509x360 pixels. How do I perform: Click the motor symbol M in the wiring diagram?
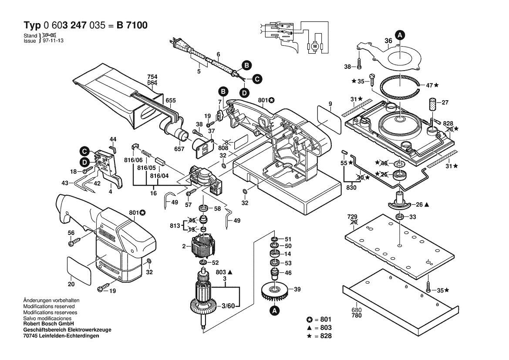point(313,46)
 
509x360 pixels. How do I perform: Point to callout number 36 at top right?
point(388,41)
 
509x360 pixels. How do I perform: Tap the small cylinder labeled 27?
point(433,105)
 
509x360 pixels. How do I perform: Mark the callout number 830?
point(351,188)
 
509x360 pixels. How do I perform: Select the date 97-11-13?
point(52,40)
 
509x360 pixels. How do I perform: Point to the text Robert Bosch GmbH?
point(48,324)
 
